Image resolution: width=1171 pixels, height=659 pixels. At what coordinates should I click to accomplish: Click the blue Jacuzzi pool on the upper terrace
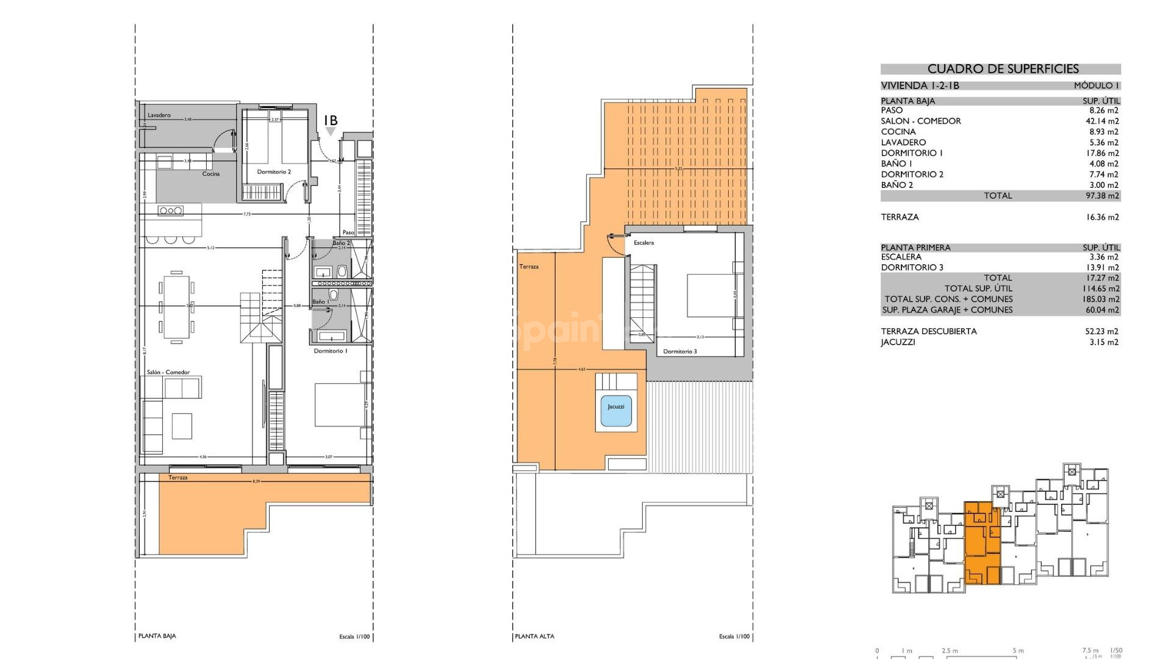click(616, 407)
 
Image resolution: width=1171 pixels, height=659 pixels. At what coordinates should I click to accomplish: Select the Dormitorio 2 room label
click(273, 172)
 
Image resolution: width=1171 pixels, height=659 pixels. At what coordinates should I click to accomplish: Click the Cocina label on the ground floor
click(211, 174)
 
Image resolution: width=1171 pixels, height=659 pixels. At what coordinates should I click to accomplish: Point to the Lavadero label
click(159, 115)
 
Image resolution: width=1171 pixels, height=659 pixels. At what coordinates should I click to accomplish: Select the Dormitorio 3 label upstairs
click(679, 351)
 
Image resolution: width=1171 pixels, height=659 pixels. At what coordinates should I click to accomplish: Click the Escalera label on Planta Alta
click(643, 243)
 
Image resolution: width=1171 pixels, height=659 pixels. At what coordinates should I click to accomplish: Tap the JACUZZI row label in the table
click(898, 342)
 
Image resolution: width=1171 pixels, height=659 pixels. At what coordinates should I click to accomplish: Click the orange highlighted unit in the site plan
click(982, 543)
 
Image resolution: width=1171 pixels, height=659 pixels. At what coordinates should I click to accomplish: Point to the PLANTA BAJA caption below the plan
click(157, 636)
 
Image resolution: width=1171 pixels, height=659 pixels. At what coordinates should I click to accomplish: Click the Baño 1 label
click(320, 302)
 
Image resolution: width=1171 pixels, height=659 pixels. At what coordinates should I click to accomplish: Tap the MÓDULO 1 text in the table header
click(1096, 85)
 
